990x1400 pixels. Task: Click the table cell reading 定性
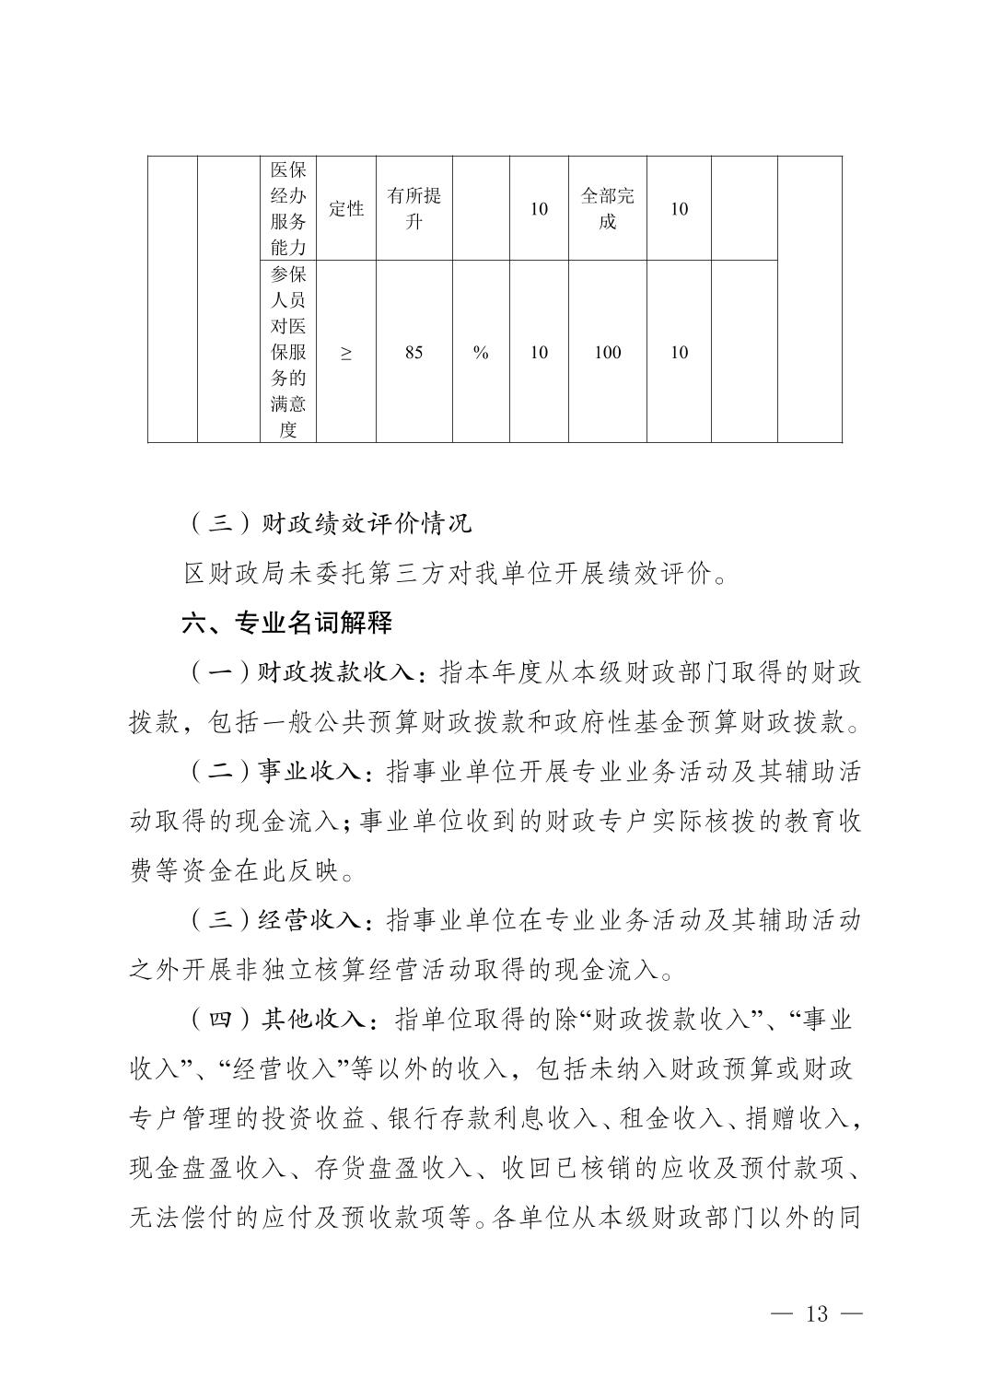(x=346, y=209)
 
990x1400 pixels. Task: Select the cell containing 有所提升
(x=414, y=209)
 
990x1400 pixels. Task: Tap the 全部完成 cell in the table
(x=607, y=209)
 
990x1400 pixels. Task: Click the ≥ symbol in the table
(x=346, y=353)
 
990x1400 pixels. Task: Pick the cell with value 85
(x=414, y=353)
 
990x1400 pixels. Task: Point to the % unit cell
(x=481, y=353)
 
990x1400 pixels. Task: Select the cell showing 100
(x=607, y=353)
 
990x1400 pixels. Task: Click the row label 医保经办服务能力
(x=288, y=209)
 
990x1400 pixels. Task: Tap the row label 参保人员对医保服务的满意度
(x=288, y=353)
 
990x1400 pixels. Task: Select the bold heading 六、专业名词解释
(x=287, y=624)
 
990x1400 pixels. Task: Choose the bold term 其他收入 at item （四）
(x=313, y=1020)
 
